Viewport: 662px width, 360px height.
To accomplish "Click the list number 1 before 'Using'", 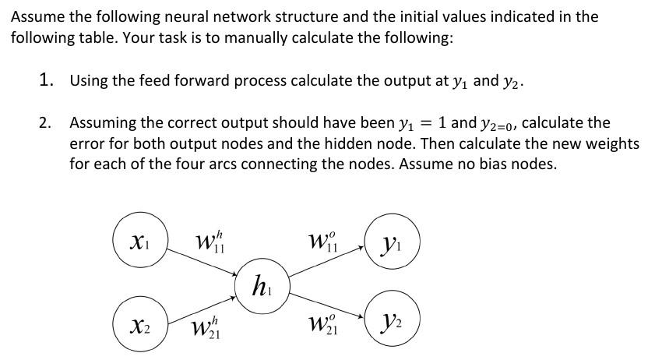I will [47, 79].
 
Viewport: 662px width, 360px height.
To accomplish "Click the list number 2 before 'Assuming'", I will [46, 123].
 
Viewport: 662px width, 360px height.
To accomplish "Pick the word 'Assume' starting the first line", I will [37, 16].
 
